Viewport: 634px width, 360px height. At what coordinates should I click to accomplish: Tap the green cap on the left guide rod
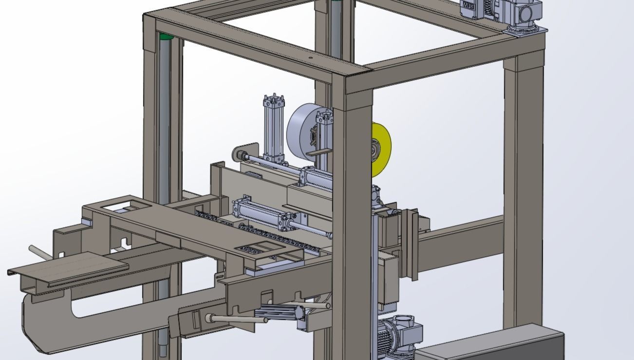click(x=166, y=36)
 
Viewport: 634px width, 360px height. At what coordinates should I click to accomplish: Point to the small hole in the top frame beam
click(x=310, y=57)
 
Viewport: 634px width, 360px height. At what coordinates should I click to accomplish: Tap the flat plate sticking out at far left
click(x=68, y=269)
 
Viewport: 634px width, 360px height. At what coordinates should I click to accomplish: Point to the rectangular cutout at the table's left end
click(x=118, y=207)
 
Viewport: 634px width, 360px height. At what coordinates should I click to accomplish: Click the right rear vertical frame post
click(x=523, y=185)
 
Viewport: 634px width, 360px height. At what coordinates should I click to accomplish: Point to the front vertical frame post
click(x=358, y=219)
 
